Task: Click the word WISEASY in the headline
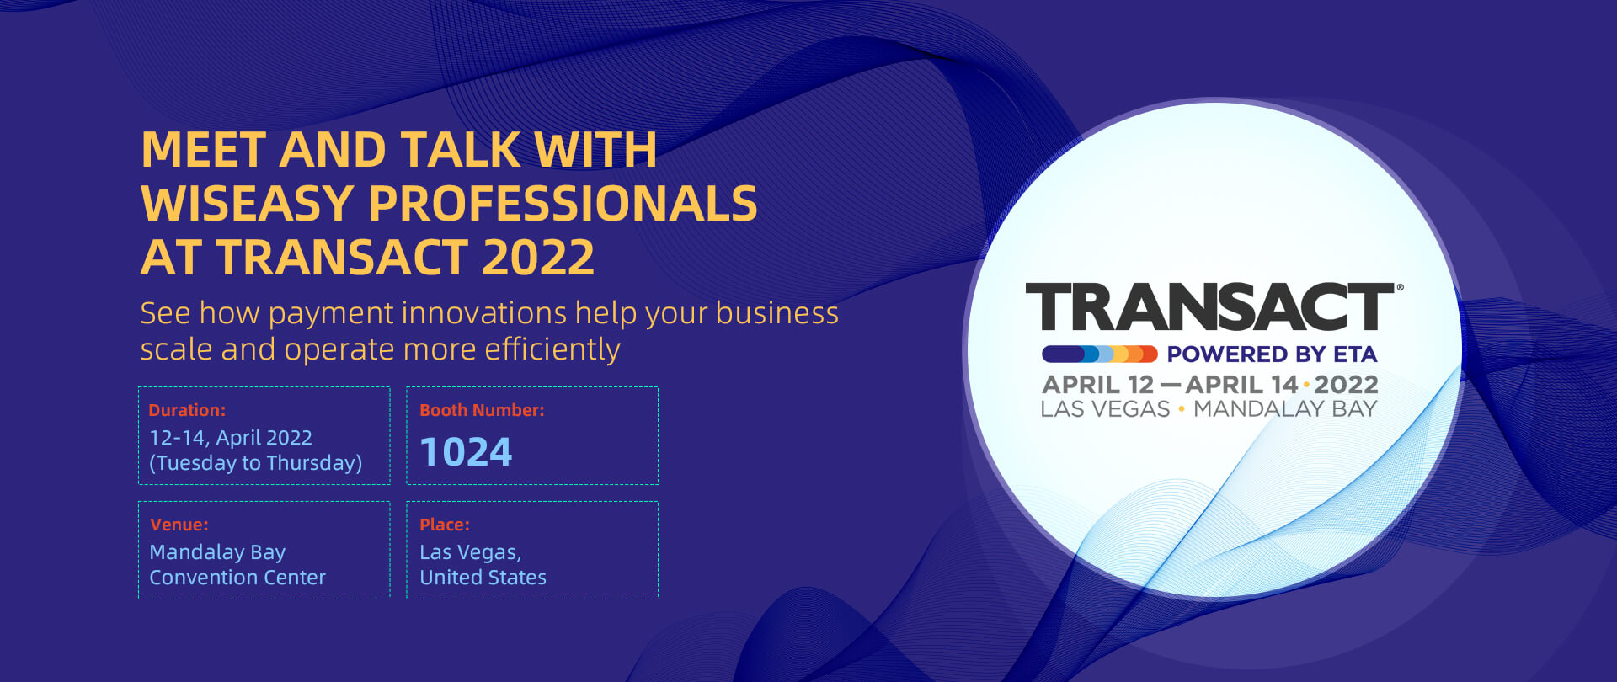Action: pyautogui.click(x=248, y=203)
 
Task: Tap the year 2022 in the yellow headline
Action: pyautogui.click(x=538, y=257)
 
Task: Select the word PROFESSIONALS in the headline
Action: pyautogui.click(x=563, y=203)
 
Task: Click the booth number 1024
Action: pyautogui.click(x=466, y=452)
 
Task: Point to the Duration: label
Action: pyautogui.click(x=187, y=410)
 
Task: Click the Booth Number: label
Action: pyautogui.click(x=482, y=410)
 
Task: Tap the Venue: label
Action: pyautogui.click(x=179, y=525)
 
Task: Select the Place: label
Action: pyautogui.click(x=445, y=525)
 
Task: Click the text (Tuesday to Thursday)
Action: pyautogui.click(x=256, y=463)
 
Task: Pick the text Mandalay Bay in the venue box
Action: pyautogui.click(x=217, y=552)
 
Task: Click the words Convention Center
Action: pyautogui.click(x=237, y=578)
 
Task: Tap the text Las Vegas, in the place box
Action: pyautogui.click(x=471, y=553)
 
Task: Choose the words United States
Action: pyautogui.click(x=483, y=578)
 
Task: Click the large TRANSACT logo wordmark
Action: pyautogui.click(x=1210, y=307)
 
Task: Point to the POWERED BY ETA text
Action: pyautogui.click(x=1272, y=354)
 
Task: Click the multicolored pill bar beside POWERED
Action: pyautogui.click(x=1100, y=354)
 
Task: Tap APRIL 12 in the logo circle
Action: pyautogui.click(x=1098, y=385)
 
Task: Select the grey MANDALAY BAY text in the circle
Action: pyautogui.click(x=1285, y=409)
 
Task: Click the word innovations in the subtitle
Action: pyautogui.click(x=484, y=313)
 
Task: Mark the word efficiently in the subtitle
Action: pyautogui.click(x=552, y=350)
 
